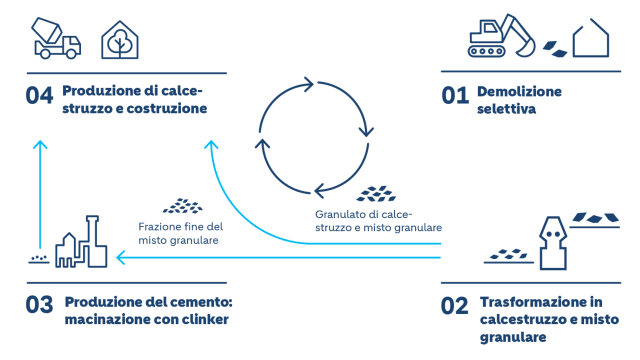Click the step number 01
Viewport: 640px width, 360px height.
[x=455, y=96]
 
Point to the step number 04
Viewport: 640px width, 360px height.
[x=39, y=96]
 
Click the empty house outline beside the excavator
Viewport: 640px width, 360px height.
[x=589, y=40]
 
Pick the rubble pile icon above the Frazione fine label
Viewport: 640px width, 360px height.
[x=182, y=205]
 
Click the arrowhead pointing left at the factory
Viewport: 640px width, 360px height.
[x=121, y=259]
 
